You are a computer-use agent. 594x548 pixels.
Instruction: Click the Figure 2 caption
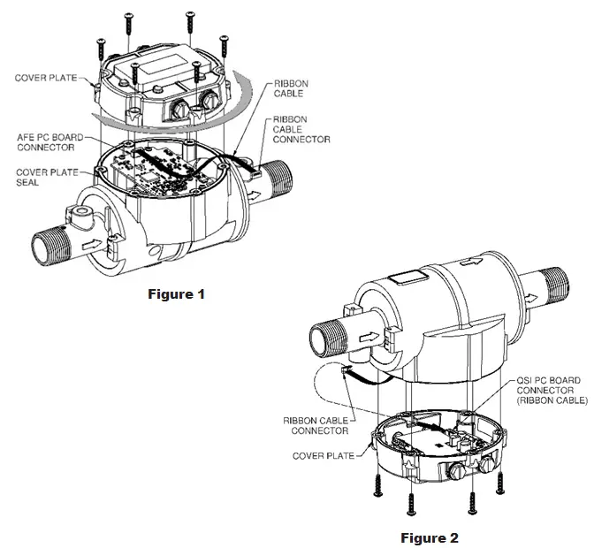coord(430,537)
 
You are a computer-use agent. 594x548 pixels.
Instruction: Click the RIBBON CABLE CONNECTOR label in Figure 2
coord(316,425)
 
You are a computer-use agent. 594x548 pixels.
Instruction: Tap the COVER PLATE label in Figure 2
coord(323,456)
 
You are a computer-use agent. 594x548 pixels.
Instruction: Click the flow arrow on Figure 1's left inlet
coord(92,240)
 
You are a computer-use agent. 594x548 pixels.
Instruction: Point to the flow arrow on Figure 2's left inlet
coord(372,337)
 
